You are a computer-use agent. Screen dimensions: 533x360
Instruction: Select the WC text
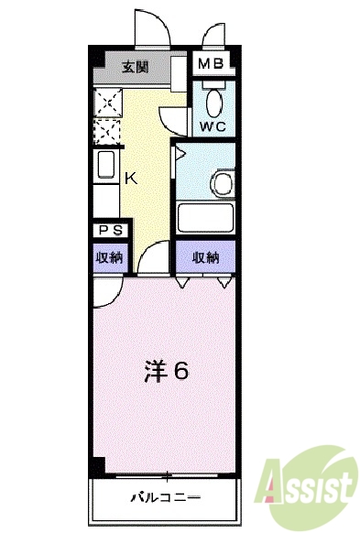(x=213, y=125)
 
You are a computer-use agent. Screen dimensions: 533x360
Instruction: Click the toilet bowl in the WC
(x=213, y=101)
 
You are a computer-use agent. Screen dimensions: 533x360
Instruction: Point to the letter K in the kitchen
(x=132, y=178)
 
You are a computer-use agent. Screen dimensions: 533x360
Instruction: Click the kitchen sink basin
(x=104, y=169)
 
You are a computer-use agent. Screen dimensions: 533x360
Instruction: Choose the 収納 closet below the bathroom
(x=206, y=258)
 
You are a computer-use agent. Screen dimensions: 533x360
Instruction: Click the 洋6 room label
(x=167, y=373)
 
